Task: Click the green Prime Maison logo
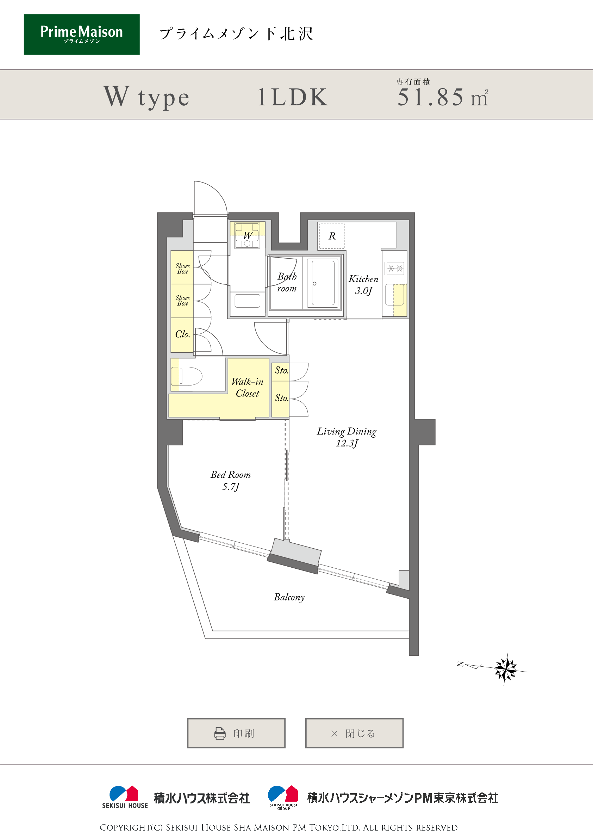82,34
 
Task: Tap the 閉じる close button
354,733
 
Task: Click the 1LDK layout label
293,97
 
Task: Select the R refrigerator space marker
332,236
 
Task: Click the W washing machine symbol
247,235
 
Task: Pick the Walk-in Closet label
247,387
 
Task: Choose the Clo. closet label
182,334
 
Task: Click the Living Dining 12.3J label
347,437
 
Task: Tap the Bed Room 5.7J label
231,480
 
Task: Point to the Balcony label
289,597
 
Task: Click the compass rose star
506,669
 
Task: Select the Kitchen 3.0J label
363,285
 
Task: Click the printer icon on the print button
220,733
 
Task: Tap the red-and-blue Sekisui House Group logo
283,798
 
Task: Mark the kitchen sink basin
395,295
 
